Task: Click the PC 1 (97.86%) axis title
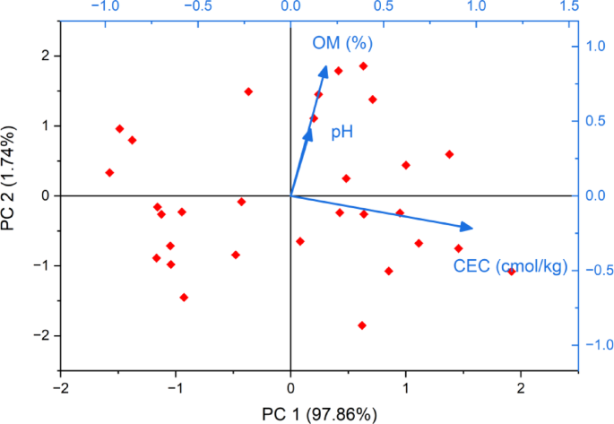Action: [319, 413]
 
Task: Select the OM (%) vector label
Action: [342, 43]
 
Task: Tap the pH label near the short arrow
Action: [342, 132]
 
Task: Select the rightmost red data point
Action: [512, 271]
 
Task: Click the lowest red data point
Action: [362, 325]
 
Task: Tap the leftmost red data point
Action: [109, 172]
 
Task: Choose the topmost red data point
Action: [363, 65]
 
